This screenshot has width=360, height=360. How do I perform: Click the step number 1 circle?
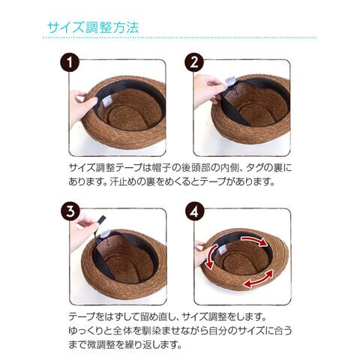(x=70, y=62)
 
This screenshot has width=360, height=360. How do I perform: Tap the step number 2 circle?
(x=194, y=62)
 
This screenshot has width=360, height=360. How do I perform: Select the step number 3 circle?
(x=70, y=211)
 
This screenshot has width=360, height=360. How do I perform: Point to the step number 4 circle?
(x=195, y=211)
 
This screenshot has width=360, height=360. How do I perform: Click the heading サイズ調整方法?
(x=93, y=27)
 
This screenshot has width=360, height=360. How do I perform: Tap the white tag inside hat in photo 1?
(x=106, y=101)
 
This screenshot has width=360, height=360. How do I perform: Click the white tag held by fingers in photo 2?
(x=230, y=82)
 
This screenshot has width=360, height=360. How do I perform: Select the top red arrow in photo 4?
(x=254, y=240)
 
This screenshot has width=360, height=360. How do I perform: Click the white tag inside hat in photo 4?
(x=221, y=250)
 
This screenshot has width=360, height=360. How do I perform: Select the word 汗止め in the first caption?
(x=124, y=181)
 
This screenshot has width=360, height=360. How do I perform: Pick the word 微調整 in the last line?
(x=101, y=345)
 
